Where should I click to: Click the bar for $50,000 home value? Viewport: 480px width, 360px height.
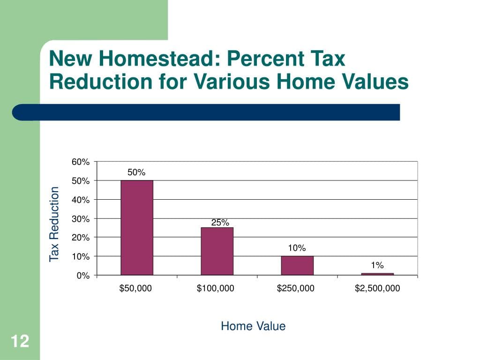point(137,227)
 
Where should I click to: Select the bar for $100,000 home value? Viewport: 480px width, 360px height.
point(217,251)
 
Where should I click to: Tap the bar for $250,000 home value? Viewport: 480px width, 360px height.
point(297,265)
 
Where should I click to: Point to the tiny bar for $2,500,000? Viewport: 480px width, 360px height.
point(377,274)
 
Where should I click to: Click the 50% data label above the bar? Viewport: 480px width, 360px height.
point(136,172)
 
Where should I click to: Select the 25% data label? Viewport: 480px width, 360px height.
point(220,223)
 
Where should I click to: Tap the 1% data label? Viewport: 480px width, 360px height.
point(377,265)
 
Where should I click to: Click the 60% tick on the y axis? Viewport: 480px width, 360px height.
point(81,162)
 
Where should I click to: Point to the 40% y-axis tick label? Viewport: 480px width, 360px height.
point(81,200)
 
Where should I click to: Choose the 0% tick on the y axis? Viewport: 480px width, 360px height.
point(83,276)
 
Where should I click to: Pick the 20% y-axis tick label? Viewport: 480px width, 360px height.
point(81,238)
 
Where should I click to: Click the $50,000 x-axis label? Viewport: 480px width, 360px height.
point(136,288)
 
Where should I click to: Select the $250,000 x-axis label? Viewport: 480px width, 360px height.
point(296,288)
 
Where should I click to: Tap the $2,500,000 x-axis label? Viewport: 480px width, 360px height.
point(377,288)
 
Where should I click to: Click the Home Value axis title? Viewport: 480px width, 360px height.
point(253,326)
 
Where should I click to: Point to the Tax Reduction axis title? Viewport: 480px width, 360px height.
point(55,224)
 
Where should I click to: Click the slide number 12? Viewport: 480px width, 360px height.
point(20,342)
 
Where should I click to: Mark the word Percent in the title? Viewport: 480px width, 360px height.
point(266,60)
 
